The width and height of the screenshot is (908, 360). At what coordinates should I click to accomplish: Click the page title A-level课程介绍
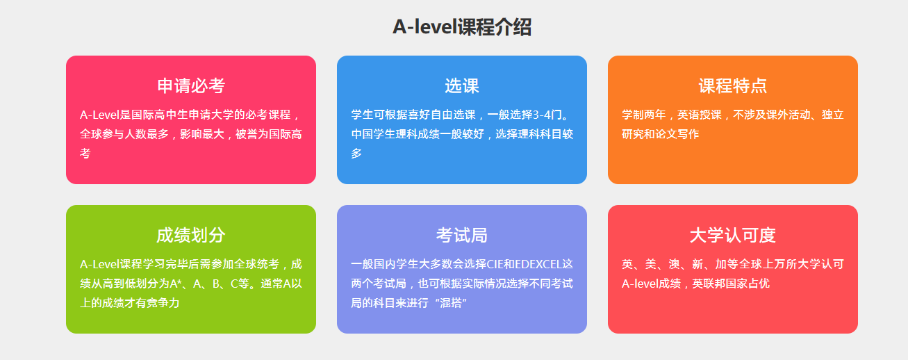(462, 27)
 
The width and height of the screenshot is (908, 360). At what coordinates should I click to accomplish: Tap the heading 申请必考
(191, 86)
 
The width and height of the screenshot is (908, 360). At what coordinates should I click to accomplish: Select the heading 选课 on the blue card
(462, 86)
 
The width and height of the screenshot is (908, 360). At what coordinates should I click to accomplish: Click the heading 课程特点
(732, 86)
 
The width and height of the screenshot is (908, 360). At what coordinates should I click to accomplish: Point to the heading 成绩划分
(191, 235)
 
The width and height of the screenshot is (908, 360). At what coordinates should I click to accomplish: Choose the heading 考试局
(462, 235)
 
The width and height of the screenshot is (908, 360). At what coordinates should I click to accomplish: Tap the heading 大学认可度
(732, 235)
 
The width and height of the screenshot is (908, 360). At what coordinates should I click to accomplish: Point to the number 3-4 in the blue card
(541, 115)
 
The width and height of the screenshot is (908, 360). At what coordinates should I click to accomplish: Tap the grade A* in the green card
(175, 284)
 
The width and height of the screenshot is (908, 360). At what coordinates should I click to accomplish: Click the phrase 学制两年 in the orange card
(644, 115)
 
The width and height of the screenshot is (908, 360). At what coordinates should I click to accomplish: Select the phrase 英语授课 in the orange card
(700, 115)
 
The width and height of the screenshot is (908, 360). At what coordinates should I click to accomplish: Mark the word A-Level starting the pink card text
(100, 115)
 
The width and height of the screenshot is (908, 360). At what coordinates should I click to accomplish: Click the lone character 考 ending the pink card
(85, 153)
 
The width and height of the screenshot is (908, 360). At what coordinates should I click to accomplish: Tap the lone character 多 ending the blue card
(356, 153)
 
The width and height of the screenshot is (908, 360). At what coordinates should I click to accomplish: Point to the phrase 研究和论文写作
(660, 134)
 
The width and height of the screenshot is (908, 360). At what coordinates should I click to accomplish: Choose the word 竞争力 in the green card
(163, 303)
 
